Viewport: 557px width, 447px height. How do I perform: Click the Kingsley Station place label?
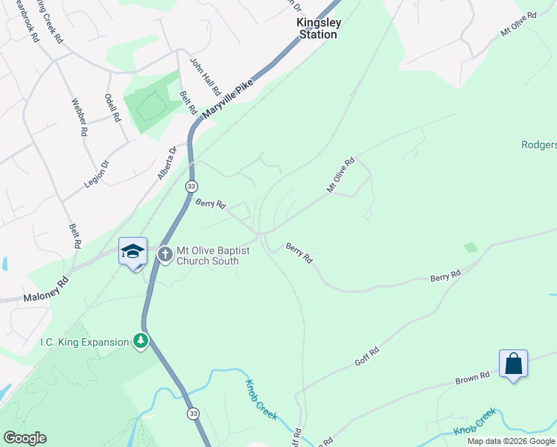pyautogui.click(x=318, y=28)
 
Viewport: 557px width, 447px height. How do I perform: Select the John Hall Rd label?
pyautogui.click(x=206, y=77)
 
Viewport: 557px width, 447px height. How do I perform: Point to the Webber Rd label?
pyautogui.click(x=80, y=118)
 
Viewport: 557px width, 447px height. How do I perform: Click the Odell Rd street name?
pyautogui.click(x=112, y=108)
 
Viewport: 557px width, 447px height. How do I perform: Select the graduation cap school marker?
pyautogui.click(x=133, y=252)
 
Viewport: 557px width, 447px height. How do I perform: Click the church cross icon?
pyautogui.click(x=165, y=255)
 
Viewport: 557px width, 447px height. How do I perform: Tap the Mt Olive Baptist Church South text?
pyautogui.click(x=208, y=256)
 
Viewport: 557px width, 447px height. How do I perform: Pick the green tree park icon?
pyautogui.click(x=140, y=342)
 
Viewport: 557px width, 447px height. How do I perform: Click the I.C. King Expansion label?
pyautogui.click(x=84, y=343)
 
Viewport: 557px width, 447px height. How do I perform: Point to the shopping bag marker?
pyautogui.click(x=513, y=364)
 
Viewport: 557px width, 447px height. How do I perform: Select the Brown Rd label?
pyautogui.click(x=473, y=378)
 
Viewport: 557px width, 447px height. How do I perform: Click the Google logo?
pyautogui.click(x=24, y=438)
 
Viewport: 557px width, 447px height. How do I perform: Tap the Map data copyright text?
pyautogui.click(x=511, y=441)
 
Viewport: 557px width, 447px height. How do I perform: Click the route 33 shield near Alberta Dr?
pyautogui.click(x=192, y=186)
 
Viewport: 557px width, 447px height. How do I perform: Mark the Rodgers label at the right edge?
pyautogui.click(x=538, y=145)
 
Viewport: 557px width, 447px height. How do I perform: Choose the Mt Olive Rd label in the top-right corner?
pyautogui.click(x=519, y=25)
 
